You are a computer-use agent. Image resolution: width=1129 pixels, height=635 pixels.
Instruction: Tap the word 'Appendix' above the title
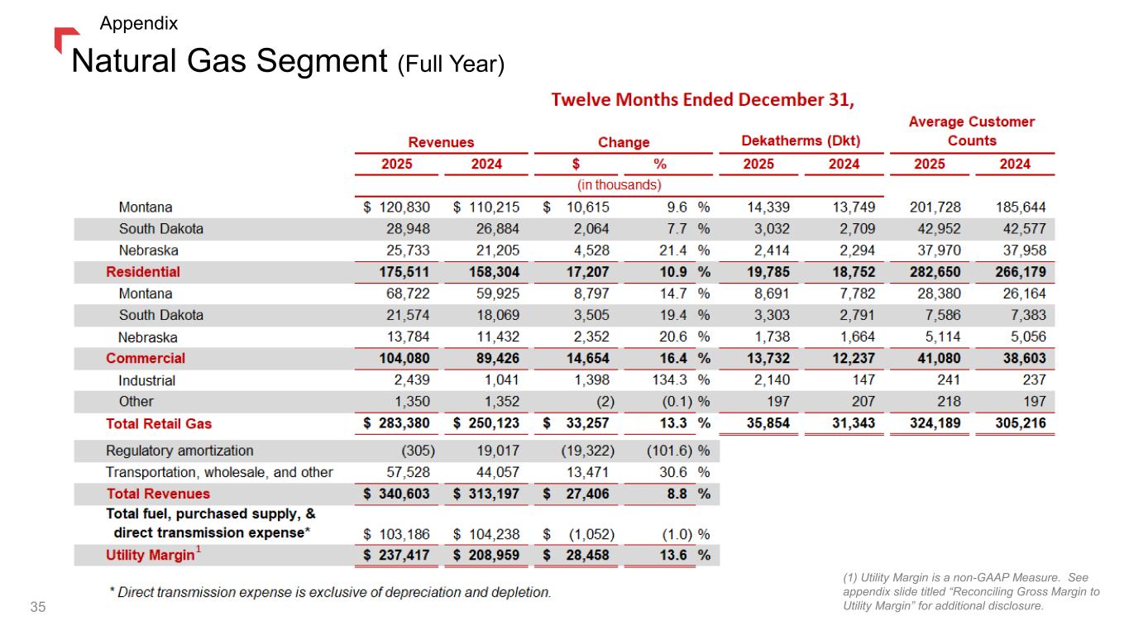[138, 23]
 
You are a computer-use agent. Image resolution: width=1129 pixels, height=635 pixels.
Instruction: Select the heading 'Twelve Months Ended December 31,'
[703, 100]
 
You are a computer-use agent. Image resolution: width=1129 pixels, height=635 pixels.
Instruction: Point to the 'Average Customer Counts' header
[972, 131]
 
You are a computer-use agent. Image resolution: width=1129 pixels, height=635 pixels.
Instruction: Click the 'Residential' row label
[143, 271]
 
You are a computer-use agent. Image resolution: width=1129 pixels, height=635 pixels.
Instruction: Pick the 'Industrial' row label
[147, 380]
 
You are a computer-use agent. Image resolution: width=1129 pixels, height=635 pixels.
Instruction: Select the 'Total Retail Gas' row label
[159, 423]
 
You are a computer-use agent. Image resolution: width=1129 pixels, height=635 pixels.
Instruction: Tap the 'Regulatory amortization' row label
[179, 451]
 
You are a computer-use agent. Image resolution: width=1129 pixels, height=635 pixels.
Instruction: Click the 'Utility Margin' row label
[150, 555]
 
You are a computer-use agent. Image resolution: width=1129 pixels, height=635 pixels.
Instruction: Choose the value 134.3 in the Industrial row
[673, 380]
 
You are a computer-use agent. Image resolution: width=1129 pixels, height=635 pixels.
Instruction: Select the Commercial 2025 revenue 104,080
[404, 358]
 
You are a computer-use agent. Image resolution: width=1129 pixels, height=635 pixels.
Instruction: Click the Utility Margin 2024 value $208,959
[486, 555]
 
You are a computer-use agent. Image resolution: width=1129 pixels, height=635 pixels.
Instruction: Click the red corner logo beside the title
[65, 38]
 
